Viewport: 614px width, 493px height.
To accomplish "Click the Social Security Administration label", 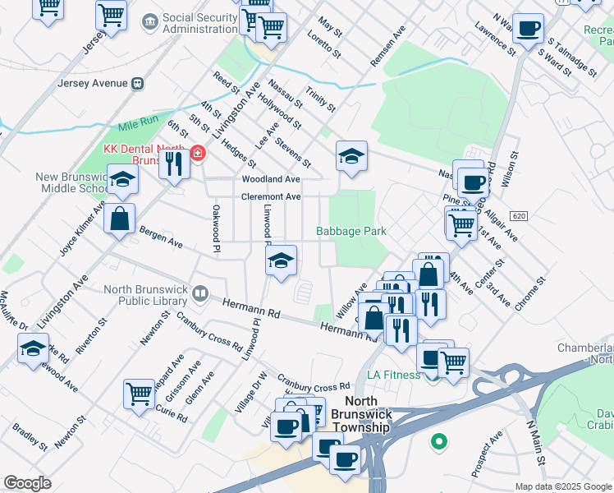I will [200, 23].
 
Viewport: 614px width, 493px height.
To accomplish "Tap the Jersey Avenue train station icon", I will [138, 83].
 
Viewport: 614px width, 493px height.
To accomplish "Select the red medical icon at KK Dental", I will [197, 154].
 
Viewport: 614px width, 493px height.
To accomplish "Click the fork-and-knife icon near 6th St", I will [173, 164].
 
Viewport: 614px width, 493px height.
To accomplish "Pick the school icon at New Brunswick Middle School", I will [121, 178].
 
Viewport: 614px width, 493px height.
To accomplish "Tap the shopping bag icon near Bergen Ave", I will [120, 219].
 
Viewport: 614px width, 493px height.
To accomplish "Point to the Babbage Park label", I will [351, 232].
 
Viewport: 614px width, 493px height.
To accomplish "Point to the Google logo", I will [27, 483].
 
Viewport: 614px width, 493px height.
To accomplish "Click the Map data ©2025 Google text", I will [562, 486].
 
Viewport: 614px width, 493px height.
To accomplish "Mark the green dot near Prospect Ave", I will [438, 441].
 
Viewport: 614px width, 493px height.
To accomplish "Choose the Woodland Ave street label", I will [270, 179].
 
